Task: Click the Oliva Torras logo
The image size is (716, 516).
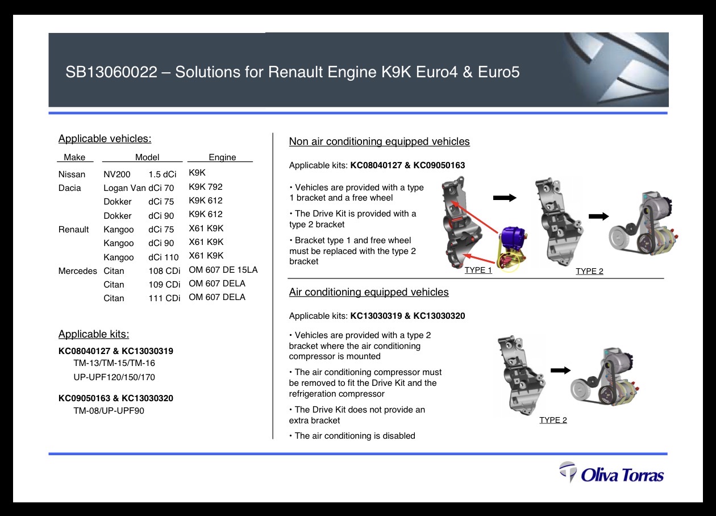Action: click(611, 472)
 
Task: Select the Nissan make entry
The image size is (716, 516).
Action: click(72, 174)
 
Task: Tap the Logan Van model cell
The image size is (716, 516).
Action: click(124, 188)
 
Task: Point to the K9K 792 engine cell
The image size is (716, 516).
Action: click(206, 187)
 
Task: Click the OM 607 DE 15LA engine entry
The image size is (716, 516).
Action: click(223, 270)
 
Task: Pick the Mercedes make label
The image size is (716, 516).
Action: click(77, 271)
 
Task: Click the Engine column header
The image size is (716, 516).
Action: click(222, 157)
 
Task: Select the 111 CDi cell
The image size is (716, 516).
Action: click(164, 298)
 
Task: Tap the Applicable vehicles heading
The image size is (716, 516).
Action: click(105, 139)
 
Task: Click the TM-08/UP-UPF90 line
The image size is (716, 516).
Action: click(109, 410)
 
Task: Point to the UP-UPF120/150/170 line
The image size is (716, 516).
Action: click(114, 377)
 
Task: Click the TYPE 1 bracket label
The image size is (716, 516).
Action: click(478, 270)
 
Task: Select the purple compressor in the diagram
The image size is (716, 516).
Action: click(513, 239)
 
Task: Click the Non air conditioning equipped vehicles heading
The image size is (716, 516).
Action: click(380, 142)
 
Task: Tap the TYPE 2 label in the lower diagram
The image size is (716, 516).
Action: click(553, 420)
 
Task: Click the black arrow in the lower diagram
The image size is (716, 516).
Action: click(561, 371)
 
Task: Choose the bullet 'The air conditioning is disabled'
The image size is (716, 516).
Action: click(352, 436)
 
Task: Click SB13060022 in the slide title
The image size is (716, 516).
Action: click(111, 72)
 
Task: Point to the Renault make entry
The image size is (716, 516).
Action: click(73, 230)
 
